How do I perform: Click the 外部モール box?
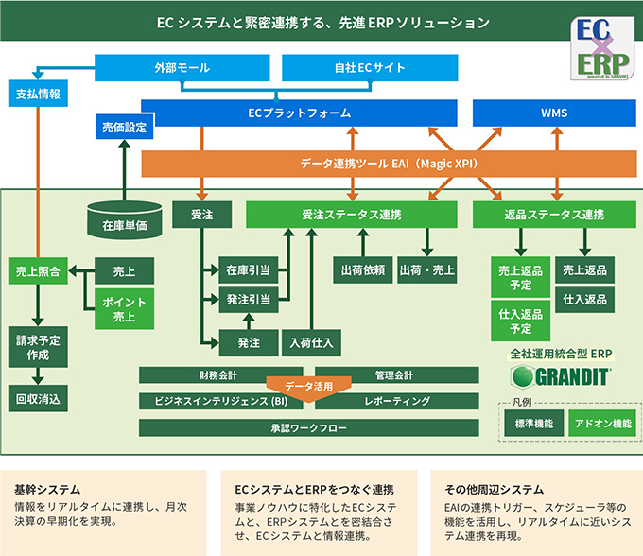(x=182, y=68)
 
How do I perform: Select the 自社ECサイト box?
(x=364, y=68)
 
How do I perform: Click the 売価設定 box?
(x=123, y=128)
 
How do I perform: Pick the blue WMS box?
(x=554, y=113)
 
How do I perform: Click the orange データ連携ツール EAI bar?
(x=388, y=163)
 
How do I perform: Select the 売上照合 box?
(x=39, y=271)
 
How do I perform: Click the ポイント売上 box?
(x=124, y=308)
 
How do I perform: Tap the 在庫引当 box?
(x=244, y=270)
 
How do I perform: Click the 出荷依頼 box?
(x=362, y=269)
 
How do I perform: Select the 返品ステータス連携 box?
(x=554, y=215)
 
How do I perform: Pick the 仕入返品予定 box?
(x=520, y=321)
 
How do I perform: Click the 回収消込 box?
(x=39, y=399)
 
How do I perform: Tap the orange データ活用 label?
(x=309, y=387)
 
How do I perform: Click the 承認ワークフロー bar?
(x=309, y=428)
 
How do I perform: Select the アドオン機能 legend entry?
(x=602, y=424)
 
